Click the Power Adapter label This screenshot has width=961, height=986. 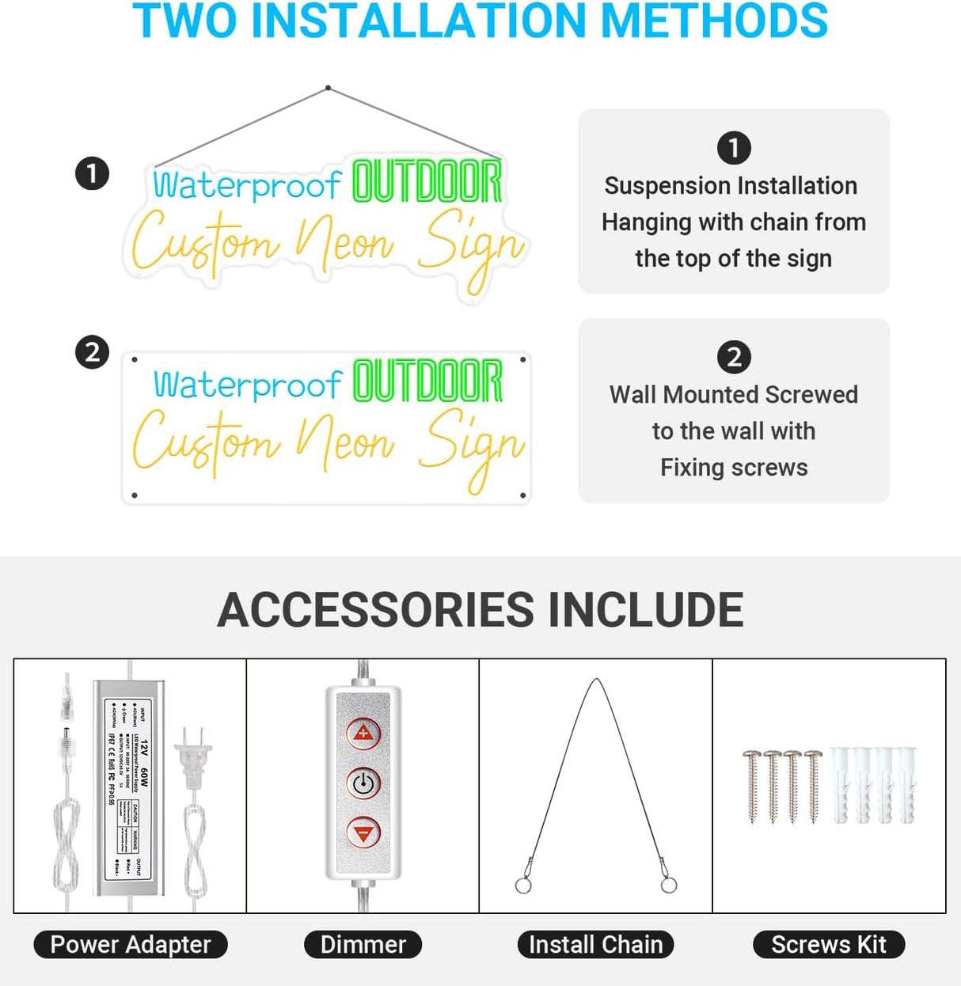point(131,944)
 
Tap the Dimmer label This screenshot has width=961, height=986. point(363,944)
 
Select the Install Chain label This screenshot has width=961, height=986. point(595,944)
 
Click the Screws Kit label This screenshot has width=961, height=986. point(828,944)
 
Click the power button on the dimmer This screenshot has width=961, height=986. point(363,783)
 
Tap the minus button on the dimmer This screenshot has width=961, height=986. point(363,833)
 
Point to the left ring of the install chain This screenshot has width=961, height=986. point(523,885)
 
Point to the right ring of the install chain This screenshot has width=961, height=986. point(669,884)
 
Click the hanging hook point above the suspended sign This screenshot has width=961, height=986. point(328,88)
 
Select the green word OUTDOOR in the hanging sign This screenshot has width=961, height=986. point(427,181)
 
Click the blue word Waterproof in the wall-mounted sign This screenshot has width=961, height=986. point(247,385)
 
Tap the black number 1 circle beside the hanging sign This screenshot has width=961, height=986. point(92,173)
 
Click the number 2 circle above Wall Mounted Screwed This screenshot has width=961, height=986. point(734,357)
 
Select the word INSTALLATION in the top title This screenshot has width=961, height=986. point(418,21)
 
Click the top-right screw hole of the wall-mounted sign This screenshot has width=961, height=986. point(522,360)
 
